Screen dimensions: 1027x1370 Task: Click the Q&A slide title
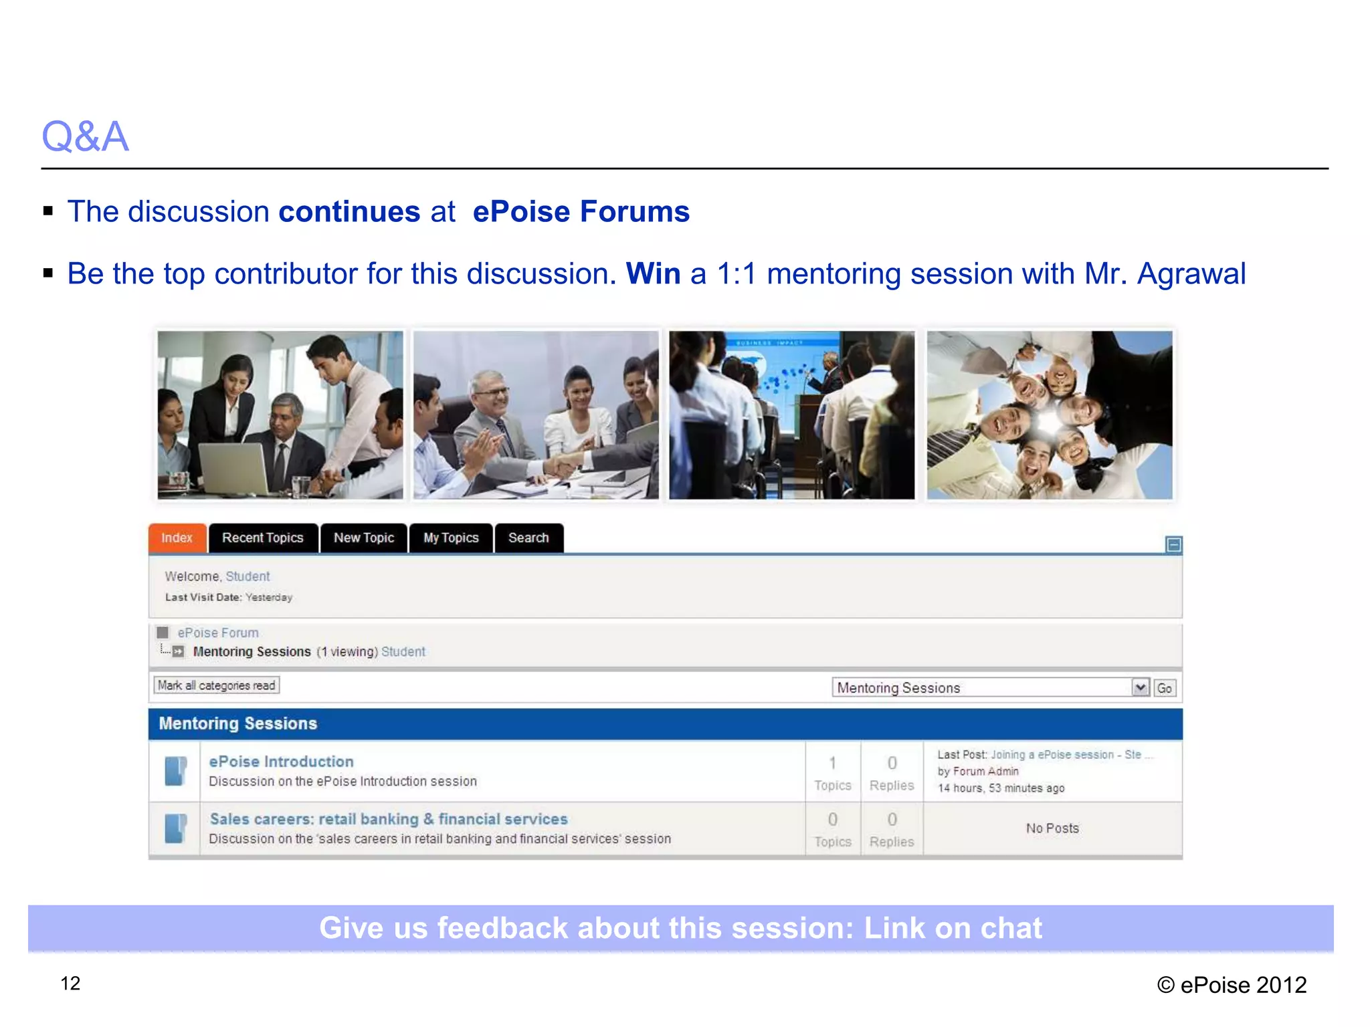[85, 136]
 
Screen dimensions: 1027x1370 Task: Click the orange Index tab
[177, 538]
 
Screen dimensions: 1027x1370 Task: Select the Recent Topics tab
[263, 538]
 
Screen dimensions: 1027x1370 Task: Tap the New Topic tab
[364, 538]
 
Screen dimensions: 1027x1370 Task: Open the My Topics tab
[451, 538]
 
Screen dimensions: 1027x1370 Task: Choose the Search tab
[528, 538]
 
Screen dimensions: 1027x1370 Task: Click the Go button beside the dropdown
[1165, 688]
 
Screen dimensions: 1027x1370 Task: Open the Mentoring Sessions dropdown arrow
[1141, 687]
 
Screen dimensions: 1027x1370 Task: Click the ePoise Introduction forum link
[281, 762]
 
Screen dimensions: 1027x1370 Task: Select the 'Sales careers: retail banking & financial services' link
[389, 819]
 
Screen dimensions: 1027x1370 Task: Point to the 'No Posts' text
[1052, 828]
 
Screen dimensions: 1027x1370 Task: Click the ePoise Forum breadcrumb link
[218, 633]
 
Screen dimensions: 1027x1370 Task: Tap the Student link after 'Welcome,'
[248, 576]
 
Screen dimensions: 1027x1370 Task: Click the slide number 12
[70, 984]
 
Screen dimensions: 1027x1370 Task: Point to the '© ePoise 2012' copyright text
[1232, 985]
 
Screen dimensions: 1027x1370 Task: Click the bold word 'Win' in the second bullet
[653, 273]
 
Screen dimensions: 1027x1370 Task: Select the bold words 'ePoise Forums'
[581, 211]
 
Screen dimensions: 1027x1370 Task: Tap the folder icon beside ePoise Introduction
[175, 771]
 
